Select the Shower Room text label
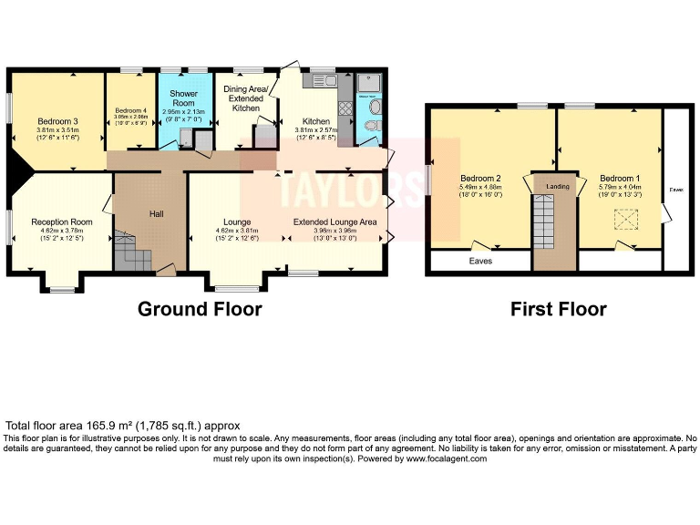click(184, 98)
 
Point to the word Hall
click(157, 213)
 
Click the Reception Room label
click(62, 221)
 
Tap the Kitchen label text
click(316, 121)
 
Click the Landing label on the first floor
click(557, 187)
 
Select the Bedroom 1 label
click(620, 178)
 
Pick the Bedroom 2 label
click(480, 178)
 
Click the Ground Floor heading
click(200, 309)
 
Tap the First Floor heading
click(558, 309)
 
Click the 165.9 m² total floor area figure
click(110, 426)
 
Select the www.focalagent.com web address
click(442, 458)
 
